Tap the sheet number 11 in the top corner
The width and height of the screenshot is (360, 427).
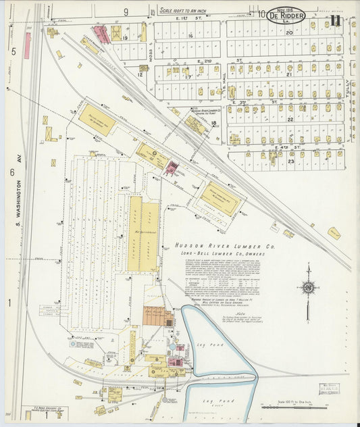(x=336, y=20)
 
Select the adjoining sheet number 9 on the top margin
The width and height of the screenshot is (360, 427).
(x=126, y=12)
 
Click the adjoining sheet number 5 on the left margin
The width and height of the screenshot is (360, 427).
(x=13, y=51)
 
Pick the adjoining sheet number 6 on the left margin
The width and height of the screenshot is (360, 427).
(x=12, y=173)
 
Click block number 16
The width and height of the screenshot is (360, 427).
(x=191, y=36)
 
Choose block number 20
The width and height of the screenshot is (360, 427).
(x=289, y=32)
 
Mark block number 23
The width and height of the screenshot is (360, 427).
(x=292, y=161)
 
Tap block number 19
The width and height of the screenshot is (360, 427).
(x=126, y=39)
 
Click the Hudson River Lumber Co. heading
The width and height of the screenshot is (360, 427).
(x=225, y=247)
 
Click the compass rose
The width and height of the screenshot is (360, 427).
(x=308, y=287)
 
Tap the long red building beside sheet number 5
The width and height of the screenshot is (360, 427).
(x=28, y=46)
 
